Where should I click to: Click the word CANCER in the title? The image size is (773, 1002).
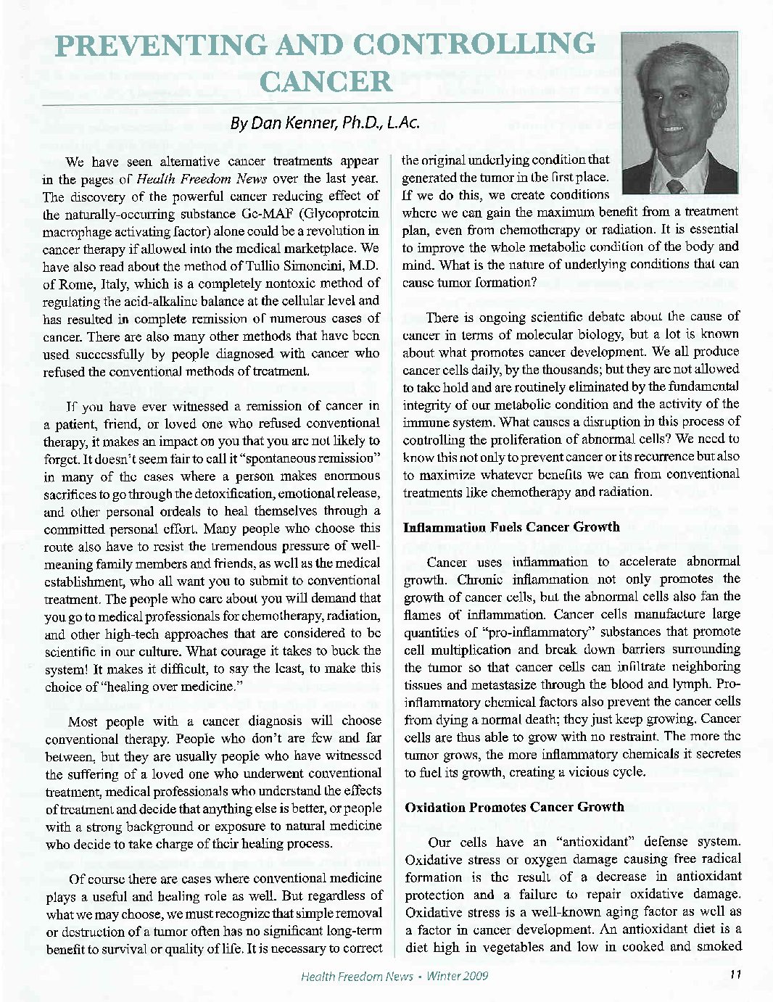tap(325, 80)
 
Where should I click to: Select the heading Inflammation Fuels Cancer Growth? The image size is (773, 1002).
tap(511, 527)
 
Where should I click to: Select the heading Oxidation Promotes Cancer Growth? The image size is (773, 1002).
tap(514, 807)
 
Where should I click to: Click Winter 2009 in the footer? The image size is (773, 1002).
tap(458, 976)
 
